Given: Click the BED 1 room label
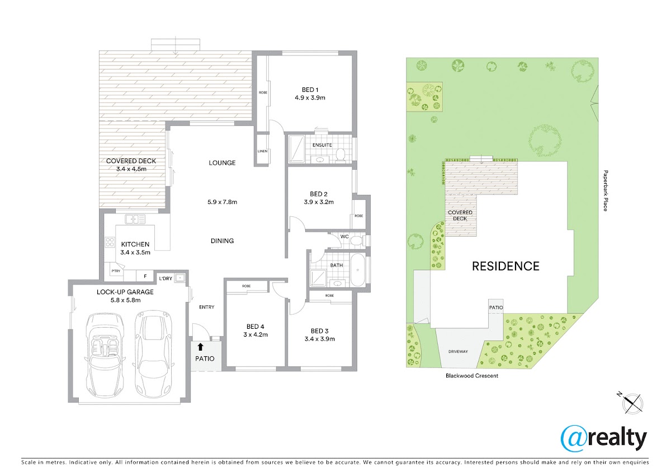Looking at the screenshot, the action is (310, 90).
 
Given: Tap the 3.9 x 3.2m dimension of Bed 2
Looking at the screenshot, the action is (319, 202).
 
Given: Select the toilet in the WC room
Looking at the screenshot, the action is (357, 241).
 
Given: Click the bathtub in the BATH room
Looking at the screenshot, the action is (358, 270).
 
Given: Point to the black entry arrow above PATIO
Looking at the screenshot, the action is (200, 347).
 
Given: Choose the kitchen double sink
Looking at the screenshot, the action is (135, 220).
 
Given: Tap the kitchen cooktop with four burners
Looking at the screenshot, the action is (110, 242).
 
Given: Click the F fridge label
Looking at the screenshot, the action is (145, 276).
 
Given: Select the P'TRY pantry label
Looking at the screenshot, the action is (116, 271).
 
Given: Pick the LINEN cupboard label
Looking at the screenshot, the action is (262, 151).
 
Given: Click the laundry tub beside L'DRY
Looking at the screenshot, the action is (179, 278).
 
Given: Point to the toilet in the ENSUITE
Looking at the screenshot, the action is (341, 154).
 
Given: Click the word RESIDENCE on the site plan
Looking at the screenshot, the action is (505, 266).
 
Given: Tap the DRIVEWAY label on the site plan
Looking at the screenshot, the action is (458, 351).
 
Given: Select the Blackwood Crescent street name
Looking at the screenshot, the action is (472, 376).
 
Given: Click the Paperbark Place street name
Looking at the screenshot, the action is (606, 191).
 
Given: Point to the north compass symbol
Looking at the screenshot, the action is (632, 403).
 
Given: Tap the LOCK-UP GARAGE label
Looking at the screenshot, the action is (125, 292).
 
